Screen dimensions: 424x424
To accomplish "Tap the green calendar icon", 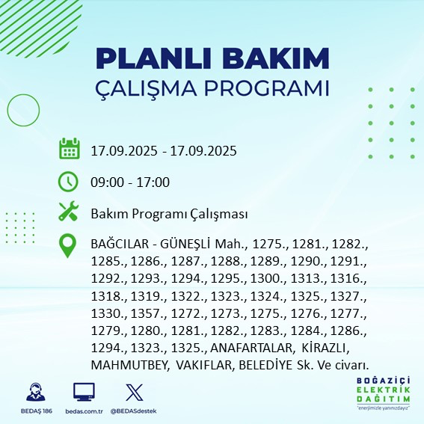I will point(70,149).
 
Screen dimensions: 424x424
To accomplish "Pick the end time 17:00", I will point(153,182).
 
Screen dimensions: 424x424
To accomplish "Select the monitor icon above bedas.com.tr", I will point(84,392).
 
